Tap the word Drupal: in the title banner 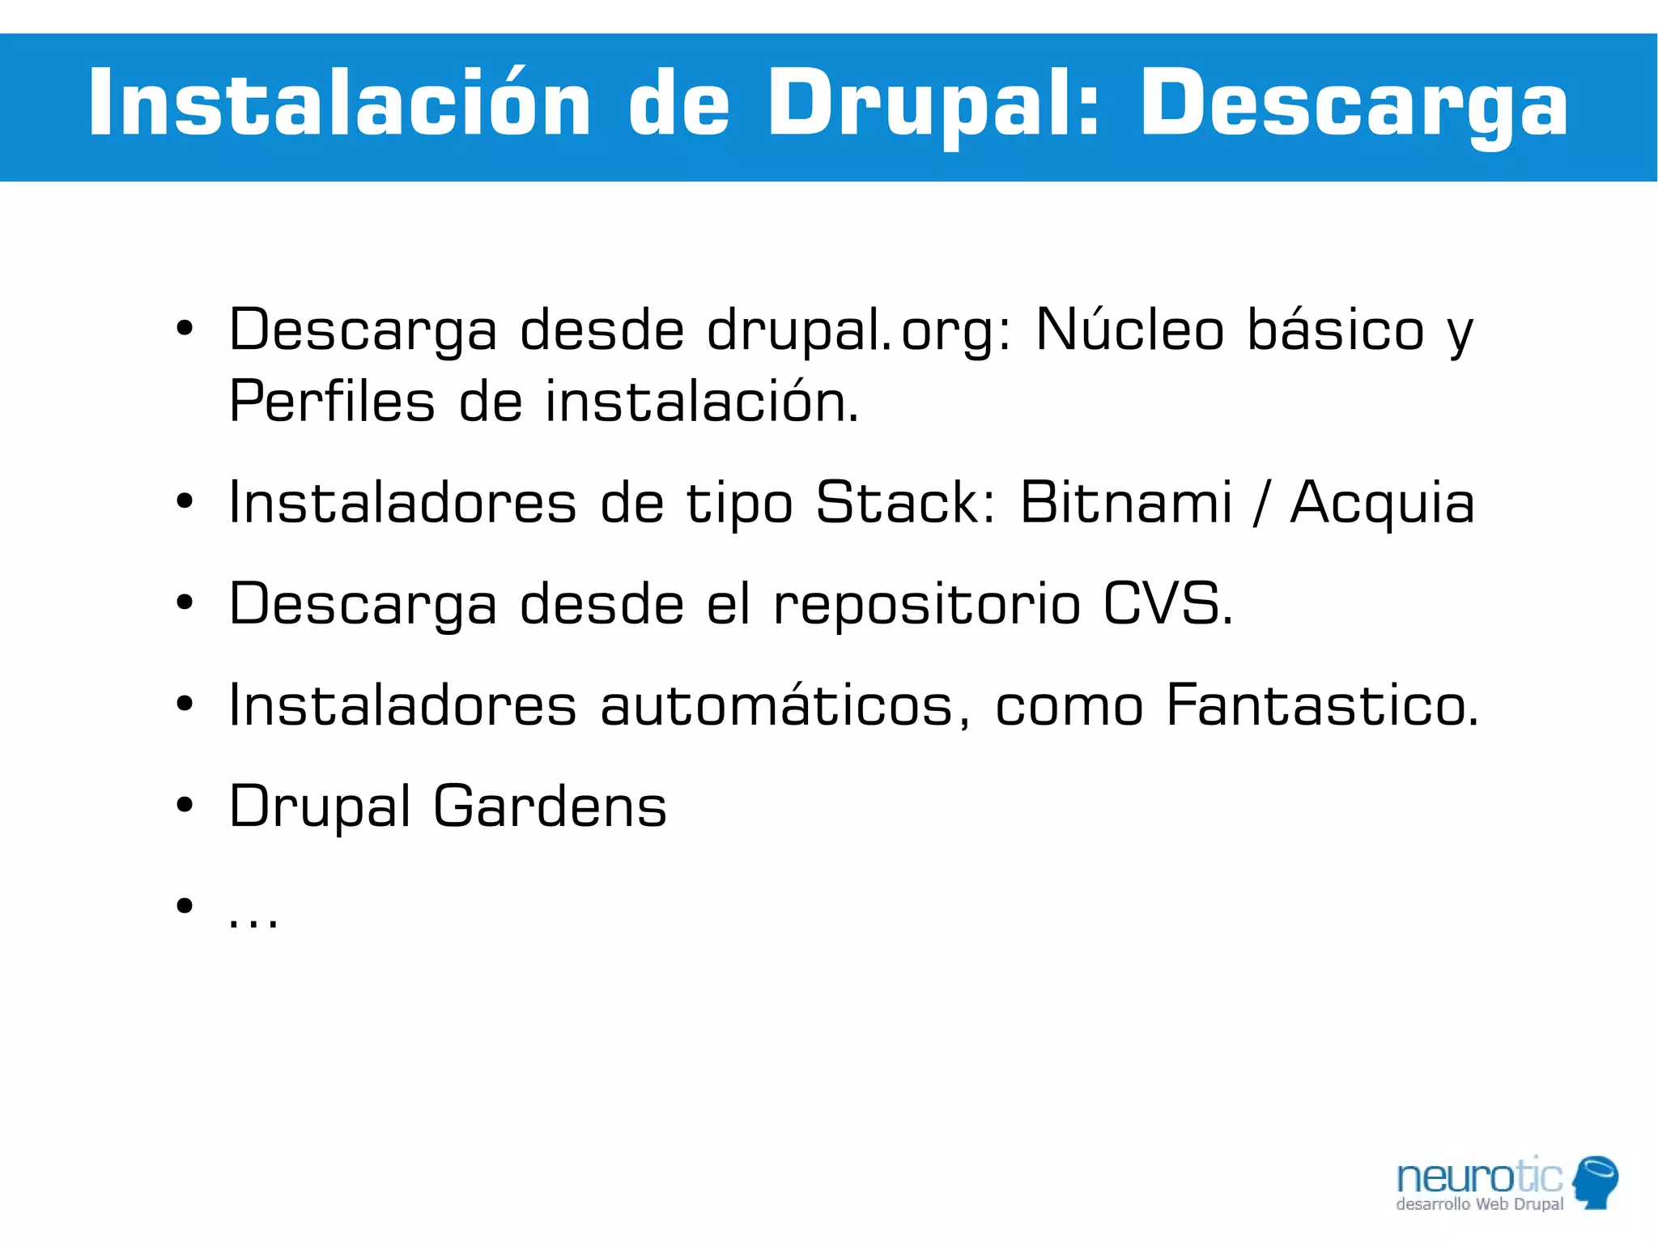point(933,104)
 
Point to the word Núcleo point(1130,330)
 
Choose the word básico point(1336,330)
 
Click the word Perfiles point(332,401)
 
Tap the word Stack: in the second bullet point(905,503)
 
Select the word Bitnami point(1126,503)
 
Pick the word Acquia point(1383,503)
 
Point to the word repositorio point(927,604)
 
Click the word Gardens point(551,807)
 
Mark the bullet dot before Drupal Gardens point(185,806)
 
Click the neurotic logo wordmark point(1480,1177)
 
